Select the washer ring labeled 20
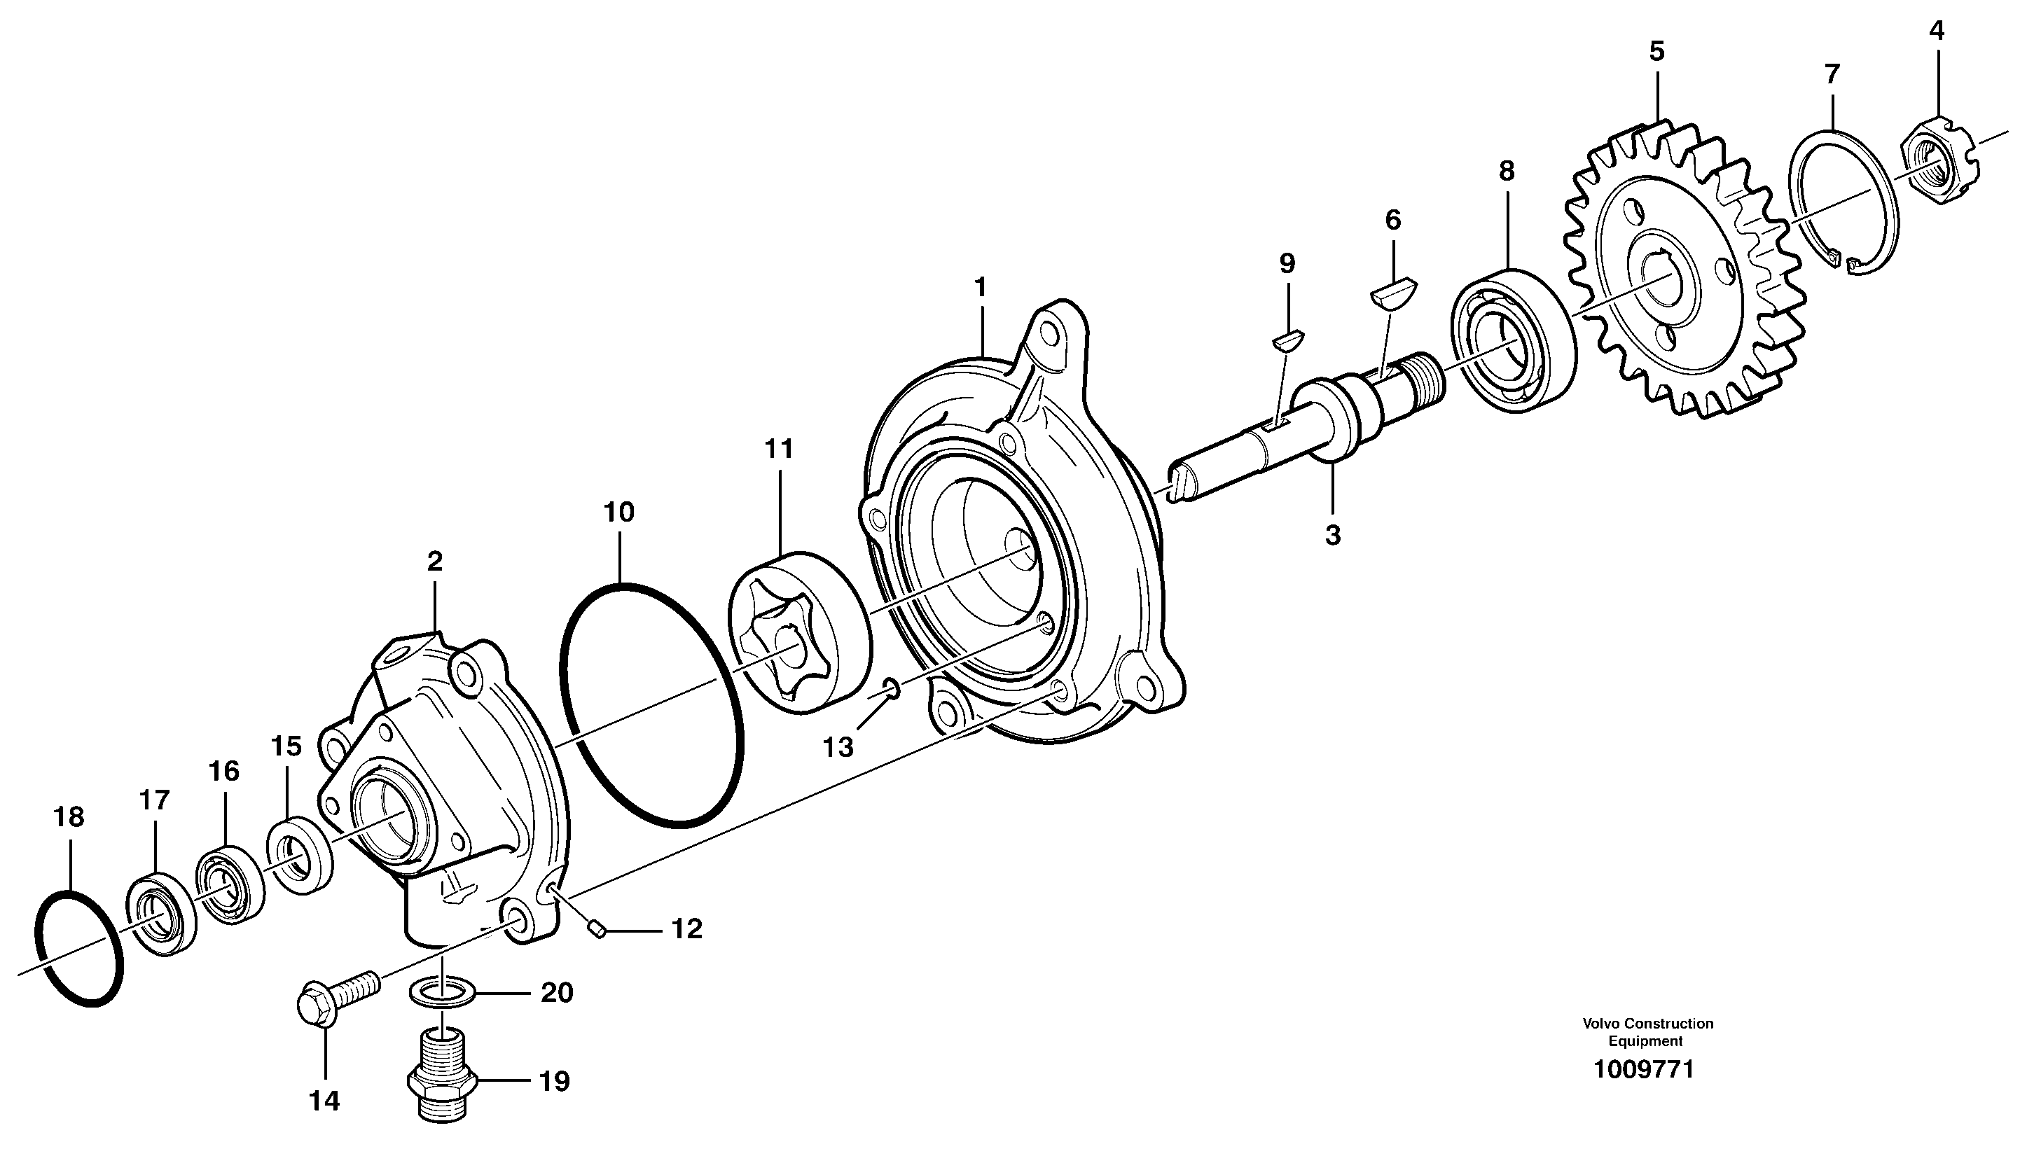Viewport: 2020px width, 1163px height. pyautogui.click(x=443, y=993)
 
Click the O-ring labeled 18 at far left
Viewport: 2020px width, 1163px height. pyautogui.click(x=80, y=949)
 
